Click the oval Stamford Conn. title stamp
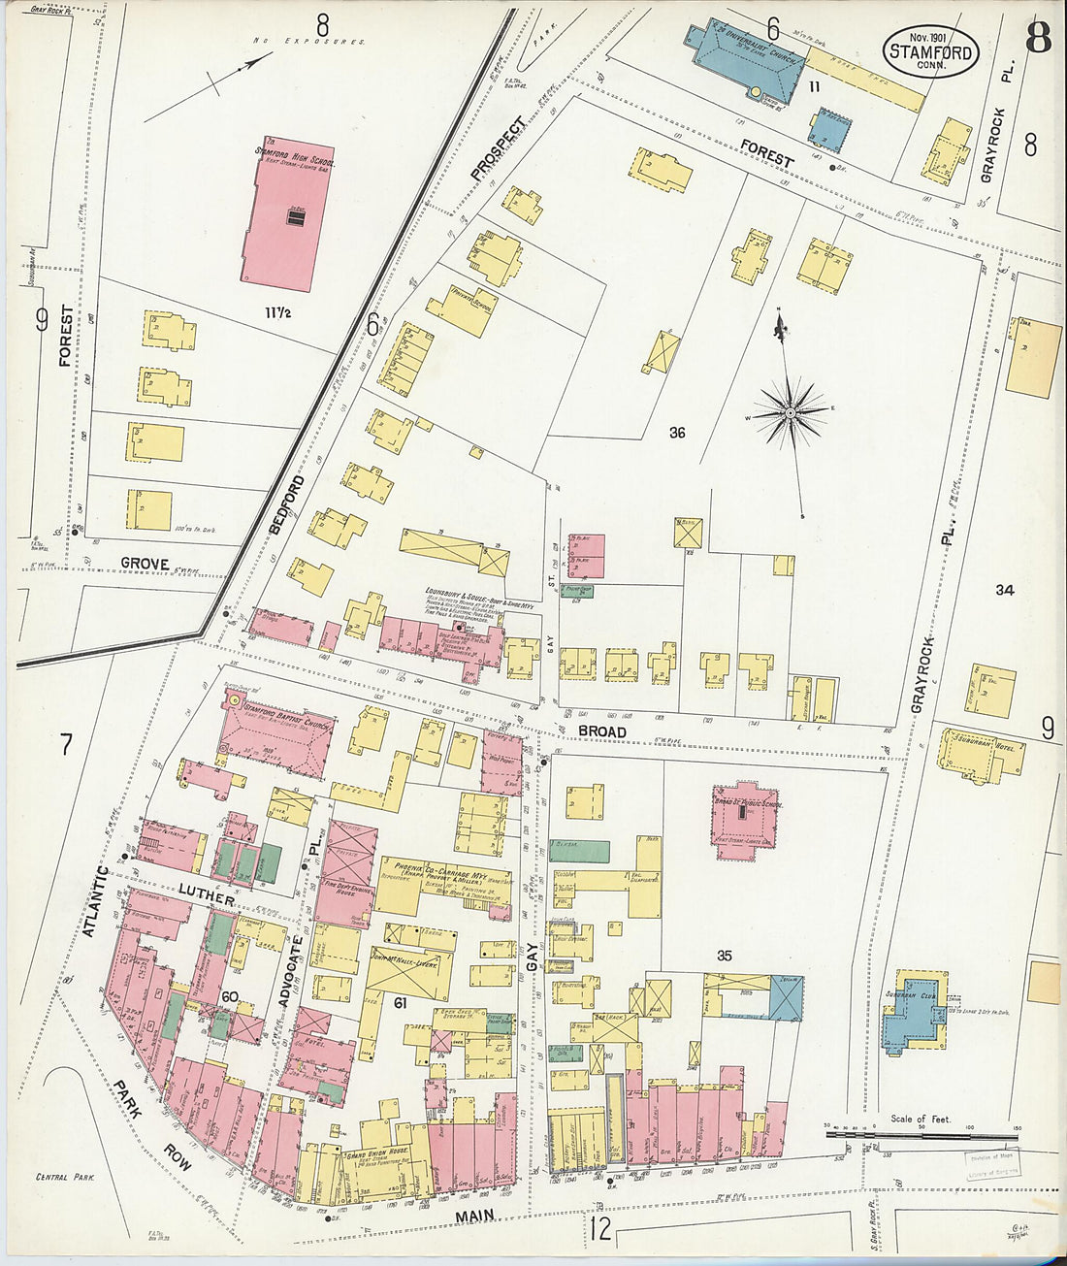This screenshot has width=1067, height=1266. click(x=929, y=49)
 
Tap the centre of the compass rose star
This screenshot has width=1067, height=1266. click(x=791, y=413)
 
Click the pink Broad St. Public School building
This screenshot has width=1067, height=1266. click(x=748, y=819)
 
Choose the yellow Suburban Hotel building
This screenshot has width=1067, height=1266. click(x=981, y=754)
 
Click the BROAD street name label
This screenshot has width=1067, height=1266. click(x=602, y=731)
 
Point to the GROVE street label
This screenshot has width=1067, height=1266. click(x=145, y=564)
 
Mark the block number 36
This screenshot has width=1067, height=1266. click(x=677, y=433)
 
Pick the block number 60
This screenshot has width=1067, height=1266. click(x=229, y=997)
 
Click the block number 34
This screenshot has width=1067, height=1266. click(x=1004, y=589)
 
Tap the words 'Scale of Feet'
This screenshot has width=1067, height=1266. click(x=921, y=1119)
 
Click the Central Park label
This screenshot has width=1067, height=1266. click(x=64, y=1177)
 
